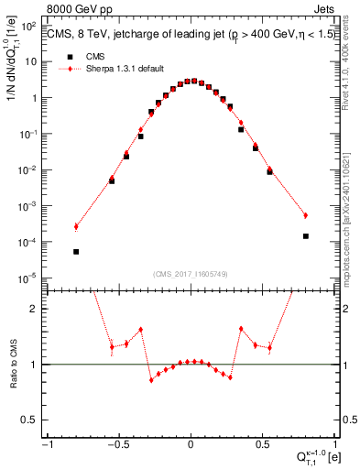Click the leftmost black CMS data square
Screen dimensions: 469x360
[76, 251]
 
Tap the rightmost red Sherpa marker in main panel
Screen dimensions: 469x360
[305, 215]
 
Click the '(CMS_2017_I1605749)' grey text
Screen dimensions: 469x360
[190, 273]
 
